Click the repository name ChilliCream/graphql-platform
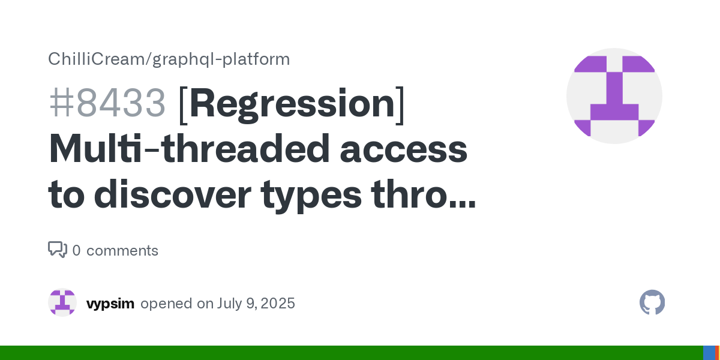coord(169,59)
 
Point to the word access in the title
coord(404,152)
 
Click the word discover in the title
coord(172,194)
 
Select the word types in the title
coord(311,197)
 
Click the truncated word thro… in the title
coord(423,194)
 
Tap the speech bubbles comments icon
coord(58,250)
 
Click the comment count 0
coord(77,251)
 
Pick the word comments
coord(122,251)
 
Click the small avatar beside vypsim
coord(62,302)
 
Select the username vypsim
coord(110,304)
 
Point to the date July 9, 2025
coord(256,304)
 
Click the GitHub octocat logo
coord(652,302)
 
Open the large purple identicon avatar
coord(614,96)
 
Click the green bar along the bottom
coord(352,353)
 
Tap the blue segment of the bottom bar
coord(709,353)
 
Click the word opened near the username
coord(167,304)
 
